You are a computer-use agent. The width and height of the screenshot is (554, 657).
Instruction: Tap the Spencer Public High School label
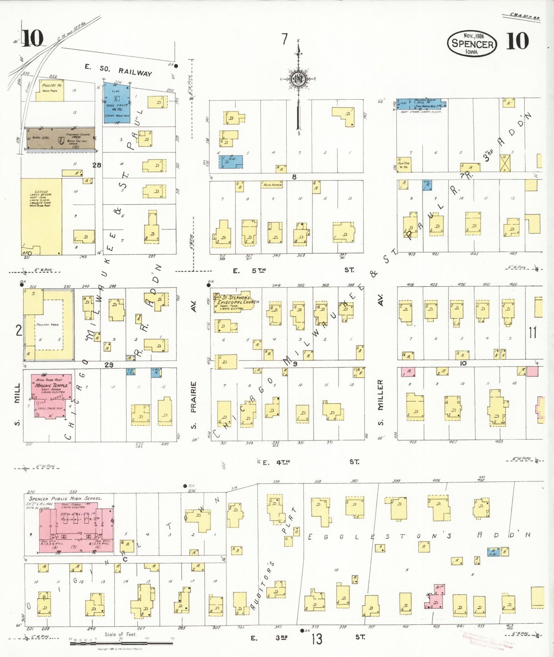(x=66, y=499)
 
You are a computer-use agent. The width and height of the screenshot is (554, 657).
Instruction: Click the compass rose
(x=298, y=79)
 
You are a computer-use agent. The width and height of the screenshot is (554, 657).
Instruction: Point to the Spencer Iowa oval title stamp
(x=472, y=43)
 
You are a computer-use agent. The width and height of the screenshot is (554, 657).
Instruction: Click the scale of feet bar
(x=121, y=643)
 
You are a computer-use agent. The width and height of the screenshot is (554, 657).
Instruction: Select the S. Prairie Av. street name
(x=194, y=404)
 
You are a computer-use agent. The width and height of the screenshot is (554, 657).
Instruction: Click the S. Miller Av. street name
(x=380, y=402)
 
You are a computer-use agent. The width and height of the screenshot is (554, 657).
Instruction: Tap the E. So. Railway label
(x=118, y=70)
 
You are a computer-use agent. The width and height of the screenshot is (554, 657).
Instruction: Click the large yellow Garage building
(x=41, y=215)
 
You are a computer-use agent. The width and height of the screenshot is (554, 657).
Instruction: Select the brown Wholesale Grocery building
(x=60, y=139)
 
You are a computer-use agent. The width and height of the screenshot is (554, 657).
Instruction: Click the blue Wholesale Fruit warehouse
(x=117, y=102)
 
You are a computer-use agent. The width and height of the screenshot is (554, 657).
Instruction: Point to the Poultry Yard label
(x=48, y=325)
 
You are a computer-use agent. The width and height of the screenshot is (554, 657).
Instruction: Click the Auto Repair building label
(x=272, y=185)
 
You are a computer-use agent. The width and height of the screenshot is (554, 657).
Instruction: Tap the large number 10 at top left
(x=32, y=38)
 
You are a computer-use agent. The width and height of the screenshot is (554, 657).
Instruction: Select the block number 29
(x=109, y=365)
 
